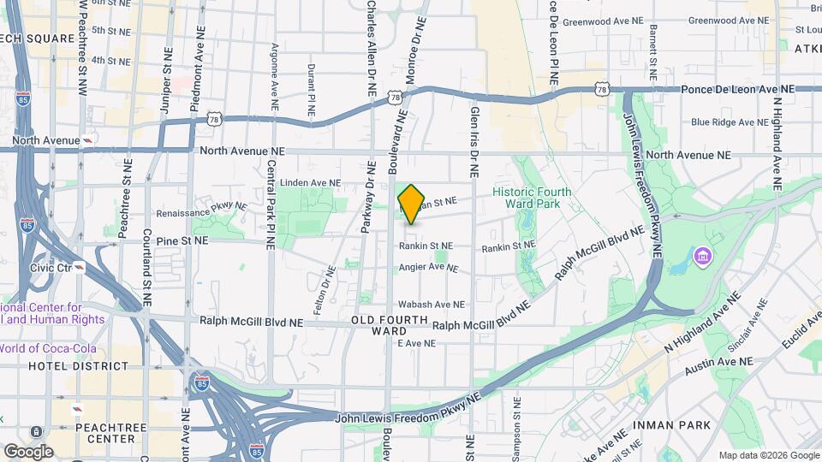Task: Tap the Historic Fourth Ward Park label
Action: click(x=538, y=198)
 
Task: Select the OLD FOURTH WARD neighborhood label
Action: click(x=390, y=325)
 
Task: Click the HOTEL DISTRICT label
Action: click(x=78, y=366)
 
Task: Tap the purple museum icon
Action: click(x=703, y=256)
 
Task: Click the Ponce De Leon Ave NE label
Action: click(x=737, y=89)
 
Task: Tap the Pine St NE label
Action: click(x=182, y=241)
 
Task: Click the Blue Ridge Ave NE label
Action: click(x=730, y=122)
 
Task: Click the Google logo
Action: click(x=28, y=451)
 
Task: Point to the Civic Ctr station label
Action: click(x=51, y=268)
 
